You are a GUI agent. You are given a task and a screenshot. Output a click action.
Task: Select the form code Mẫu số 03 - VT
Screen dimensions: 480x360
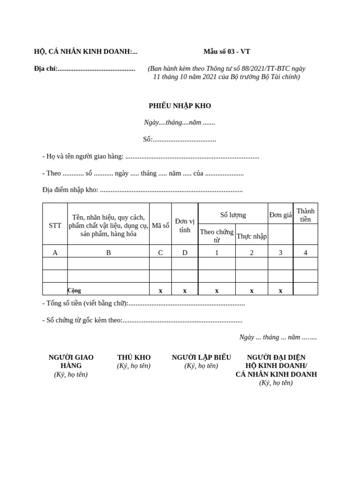pyautogui.click(x=227, y=52)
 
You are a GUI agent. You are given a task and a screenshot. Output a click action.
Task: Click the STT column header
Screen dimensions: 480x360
pyautogui.click(x=55, y=225)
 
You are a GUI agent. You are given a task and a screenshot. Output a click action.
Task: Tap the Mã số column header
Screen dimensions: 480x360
pyautogui.click(x=160, y=225)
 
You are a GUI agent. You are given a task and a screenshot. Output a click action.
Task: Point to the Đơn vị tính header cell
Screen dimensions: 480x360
pyautogui.click(x=185, y=225)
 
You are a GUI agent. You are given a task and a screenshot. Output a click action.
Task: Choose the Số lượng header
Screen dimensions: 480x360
pyautogui.click(x=233, y=215)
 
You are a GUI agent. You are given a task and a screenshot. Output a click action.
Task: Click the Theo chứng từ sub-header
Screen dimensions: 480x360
pyautogui.click(x=217, y=236)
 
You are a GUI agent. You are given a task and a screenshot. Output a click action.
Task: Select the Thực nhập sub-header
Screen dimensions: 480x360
pyautogui.click(x=252, y=236)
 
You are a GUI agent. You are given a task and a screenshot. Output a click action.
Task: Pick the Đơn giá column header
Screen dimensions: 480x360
pyautogui.click(x=280, y=215)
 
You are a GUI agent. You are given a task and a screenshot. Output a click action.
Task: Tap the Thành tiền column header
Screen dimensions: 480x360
pyautogui.click(x=306, y=215)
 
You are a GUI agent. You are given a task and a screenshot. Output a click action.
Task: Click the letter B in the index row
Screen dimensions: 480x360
pyautogui.click(x=108, y=253)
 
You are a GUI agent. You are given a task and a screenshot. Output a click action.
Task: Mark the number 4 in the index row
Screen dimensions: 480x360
pyautogui.click(x=306, y=253)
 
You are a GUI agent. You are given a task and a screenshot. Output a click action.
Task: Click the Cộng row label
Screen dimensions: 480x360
pyautogui.click(x=74, y=291)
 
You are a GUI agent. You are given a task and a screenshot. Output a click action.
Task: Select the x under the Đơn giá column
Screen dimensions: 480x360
pyautogui.click(x=280, y=291)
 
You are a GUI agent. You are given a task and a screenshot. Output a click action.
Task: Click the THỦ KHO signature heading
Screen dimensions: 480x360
pyautogui.click(x=134, y=358)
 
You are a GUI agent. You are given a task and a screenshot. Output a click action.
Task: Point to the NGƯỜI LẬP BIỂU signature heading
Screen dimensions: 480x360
pyautogui.click(x=201, y=358)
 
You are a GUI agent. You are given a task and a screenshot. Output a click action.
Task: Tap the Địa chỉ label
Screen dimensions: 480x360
pyautogui.click(x=46, y=69)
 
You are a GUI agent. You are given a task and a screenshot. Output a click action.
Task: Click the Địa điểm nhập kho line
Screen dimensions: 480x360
pyautogui.click(x=142, y=190)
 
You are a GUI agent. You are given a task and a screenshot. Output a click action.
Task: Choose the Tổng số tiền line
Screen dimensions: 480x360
pyautogui.click(x=143, y=303)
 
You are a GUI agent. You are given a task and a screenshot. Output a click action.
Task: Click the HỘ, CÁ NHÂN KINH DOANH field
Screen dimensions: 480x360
pyautogui.click(x=85, y=52)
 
